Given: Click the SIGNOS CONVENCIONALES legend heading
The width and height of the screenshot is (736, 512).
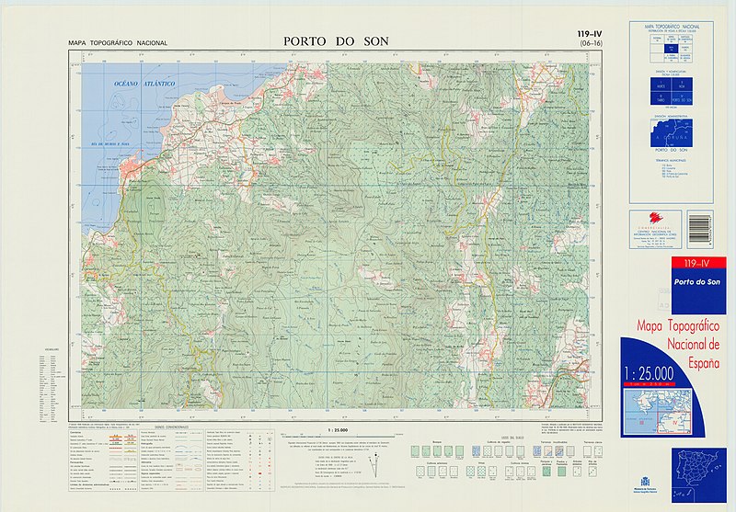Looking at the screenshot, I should click(171, 427).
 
